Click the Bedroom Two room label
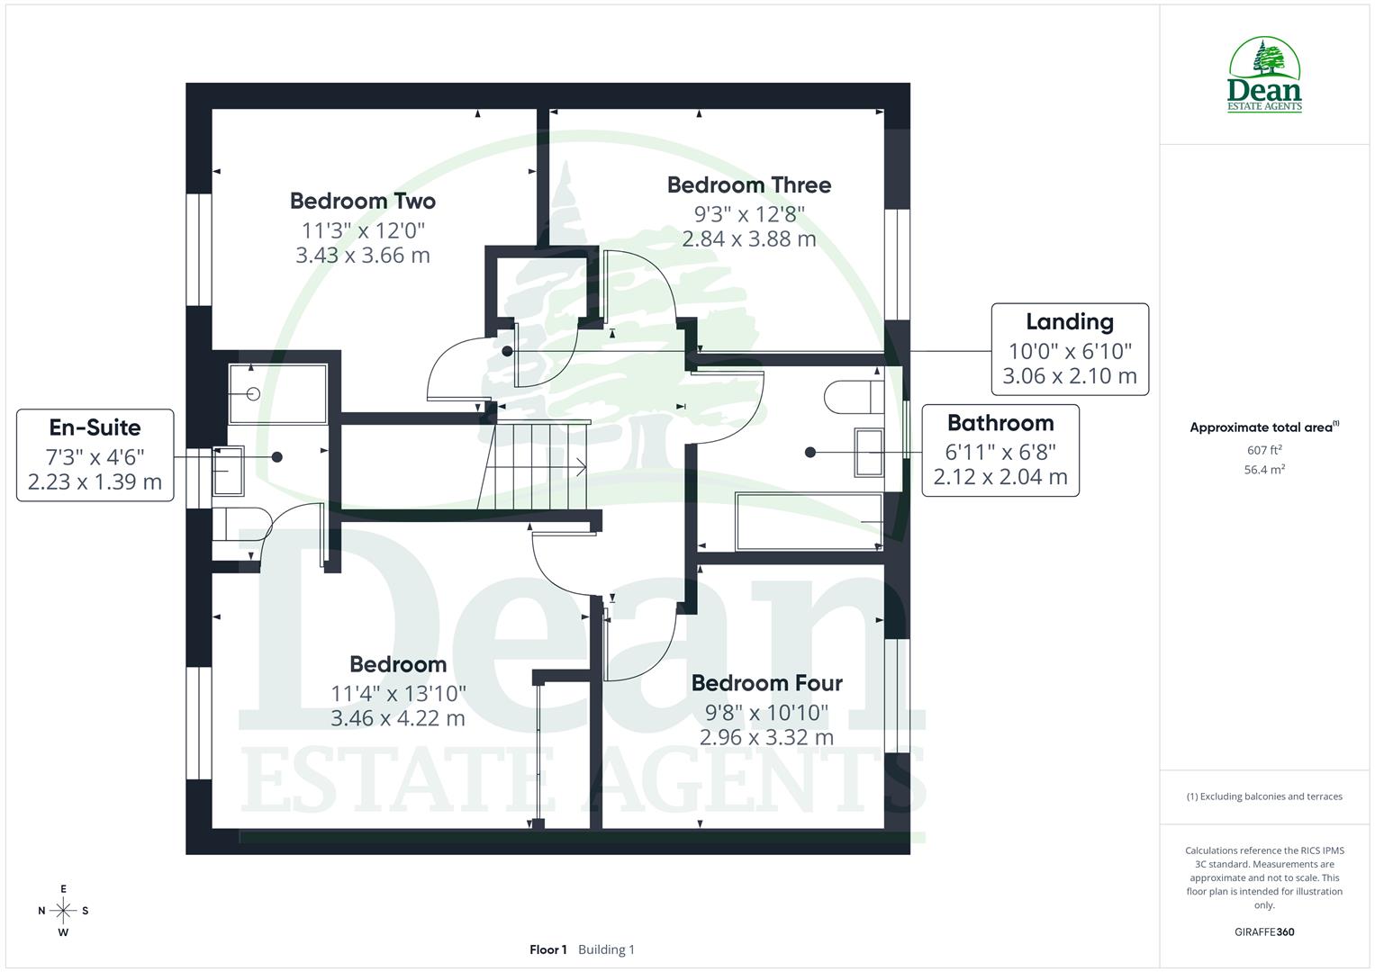pos(362,201)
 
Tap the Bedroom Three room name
pos(748,184)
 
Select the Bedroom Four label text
pos(766,683)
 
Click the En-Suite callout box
pos(95,454)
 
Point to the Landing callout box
pos(1069,349)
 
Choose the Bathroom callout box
pos(1000,450)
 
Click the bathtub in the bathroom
pos(809,521)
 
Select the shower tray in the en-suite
pos(277,393)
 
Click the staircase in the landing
pos(537,466)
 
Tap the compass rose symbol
pos(63,911)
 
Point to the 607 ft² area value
pos(1263,450)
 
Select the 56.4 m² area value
pos(1263,470)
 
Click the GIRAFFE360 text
pos(1263,932)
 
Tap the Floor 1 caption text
pos(547,949)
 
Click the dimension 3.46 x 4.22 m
pos(397,718)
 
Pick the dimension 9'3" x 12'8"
pos(748,214)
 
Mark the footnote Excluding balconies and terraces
pos(1263,796)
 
